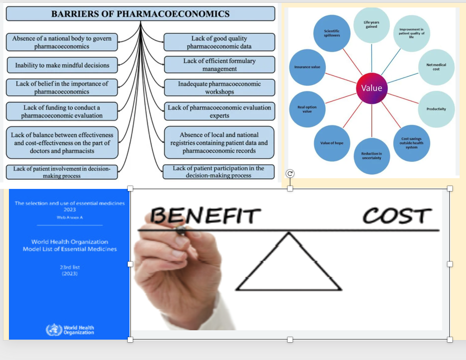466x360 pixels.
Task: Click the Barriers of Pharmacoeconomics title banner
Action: point(140,14)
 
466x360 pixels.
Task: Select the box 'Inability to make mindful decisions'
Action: point(62,65)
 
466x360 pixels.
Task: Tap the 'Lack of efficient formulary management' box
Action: point(219,65)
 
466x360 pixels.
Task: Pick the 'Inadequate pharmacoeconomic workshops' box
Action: point(219,88)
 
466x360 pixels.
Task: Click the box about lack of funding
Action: point(62,112)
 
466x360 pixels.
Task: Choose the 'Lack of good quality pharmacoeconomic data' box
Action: point(219,42)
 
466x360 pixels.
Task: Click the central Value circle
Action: point(371,88)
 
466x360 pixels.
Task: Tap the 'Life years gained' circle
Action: point(371,25)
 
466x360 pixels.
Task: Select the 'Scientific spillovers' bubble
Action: point(332,33)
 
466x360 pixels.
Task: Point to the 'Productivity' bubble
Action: point(436,109)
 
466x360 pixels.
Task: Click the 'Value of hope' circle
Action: point(332,143)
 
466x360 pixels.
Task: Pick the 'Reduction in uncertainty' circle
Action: point(371,156)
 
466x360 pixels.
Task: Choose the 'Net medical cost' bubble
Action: point(436,67)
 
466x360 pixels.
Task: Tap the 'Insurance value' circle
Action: point(307,67)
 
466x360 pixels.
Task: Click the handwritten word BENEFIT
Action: point(206,215)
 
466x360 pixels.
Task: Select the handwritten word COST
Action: point(397,216)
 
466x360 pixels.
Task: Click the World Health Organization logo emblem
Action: point(54,330)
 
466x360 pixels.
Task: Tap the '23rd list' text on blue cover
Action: point(70,267)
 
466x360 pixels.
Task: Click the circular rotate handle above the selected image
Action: point(290,174)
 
